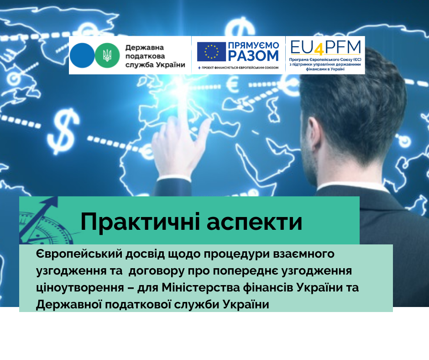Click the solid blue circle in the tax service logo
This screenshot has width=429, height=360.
tap(82, 55)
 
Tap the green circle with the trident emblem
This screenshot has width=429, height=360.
tap(107, 55)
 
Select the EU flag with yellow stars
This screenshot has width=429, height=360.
tap(211, 52)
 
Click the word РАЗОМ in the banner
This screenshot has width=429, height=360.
tap(253, 56)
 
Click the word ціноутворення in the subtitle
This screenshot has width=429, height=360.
tap(80, 288)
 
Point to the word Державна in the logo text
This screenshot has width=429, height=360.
tap(145, 48)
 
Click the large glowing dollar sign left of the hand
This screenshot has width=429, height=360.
tap(63, 131)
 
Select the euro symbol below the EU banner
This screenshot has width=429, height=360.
tap(233, 84)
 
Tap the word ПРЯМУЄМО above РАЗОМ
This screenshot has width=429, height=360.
tap(254, 46)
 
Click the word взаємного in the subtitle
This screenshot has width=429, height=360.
tap(304, 254)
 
